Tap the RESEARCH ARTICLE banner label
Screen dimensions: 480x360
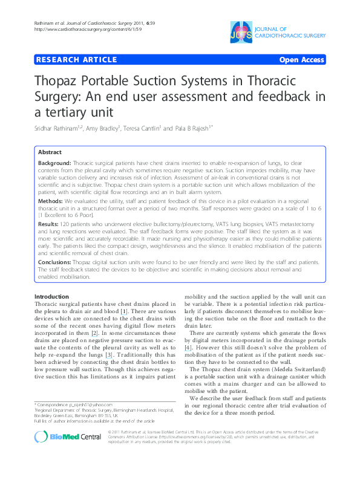tap(76, 60)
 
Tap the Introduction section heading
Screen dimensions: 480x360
tap(51, 297)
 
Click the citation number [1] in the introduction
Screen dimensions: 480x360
tap(123, 311)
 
